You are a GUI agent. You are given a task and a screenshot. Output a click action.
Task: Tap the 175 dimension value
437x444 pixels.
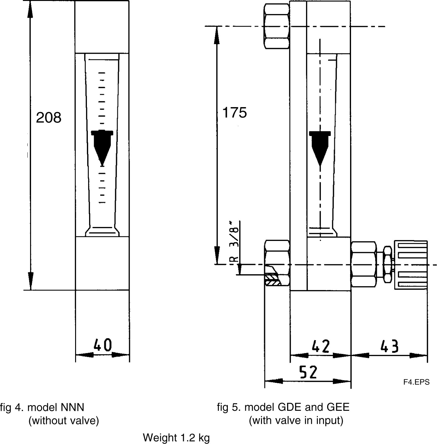click(x=235, y=112)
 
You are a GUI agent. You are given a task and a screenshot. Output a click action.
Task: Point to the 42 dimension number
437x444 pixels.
click(x=321, y=347)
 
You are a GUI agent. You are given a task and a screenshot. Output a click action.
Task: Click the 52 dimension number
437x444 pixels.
click(x=308, y=372)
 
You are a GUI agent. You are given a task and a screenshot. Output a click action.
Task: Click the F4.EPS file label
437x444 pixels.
click(x=416, y=382)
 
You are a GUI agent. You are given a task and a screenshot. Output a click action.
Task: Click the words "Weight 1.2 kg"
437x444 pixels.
click(x=176, y=438)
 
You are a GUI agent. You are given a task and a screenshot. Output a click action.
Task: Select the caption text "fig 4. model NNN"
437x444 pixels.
click(x=42, y=407)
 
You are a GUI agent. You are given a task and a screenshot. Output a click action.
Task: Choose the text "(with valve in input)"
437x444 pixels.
click(x=296, y=420)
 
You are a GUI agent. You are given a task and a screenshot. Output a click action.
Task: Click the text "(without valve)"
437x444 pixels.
click(x=64, y=421)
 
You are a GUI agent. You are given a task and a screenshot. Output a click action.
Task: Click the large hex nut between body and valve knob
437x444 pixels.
click(x=363, y=265)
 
